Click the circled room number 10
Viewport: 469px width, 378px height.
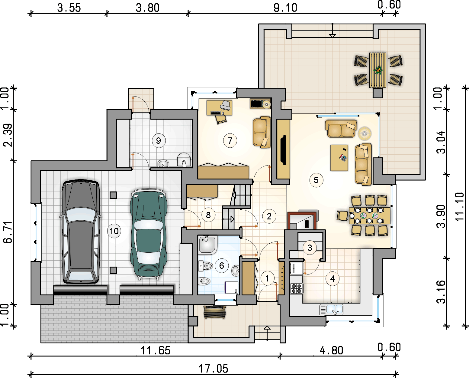(114, 231)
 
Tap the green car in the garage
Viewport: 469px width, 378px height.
(148, 233)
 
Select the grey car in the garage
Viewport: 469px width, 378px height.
(81, 232)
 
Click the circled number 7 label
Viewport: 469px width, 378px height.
(230, 141)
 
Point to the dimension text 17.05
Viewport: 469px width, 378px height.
(213, 369)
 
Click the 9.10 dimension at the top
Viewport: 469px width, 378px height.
(285, 7)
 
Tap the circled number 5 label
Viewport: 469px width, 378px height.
(316, 180)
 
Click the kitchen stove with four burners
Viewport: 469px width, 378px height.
(296, 288)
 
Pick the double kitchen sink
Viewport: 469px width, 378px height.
(332, 309)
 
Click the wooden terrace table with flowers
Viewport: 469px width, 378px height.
(377, 70)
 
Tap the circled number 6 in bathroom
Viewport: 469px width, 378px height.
(222, 266)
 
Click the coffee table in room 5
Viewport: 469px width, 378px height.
(339, 158)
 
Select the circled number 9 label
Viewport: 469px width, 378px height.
(158, 140)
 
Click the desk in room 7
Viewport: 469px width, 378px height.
(219, 108)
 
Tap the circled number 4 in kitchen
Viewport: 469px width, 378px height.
(332, 279)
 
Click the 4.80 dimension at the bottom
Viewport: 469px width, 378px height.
(331, 350)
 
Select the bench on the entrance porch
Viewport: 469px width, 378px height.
(215, 312)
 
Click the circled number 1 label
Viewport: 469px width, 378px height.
(267, 278)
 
